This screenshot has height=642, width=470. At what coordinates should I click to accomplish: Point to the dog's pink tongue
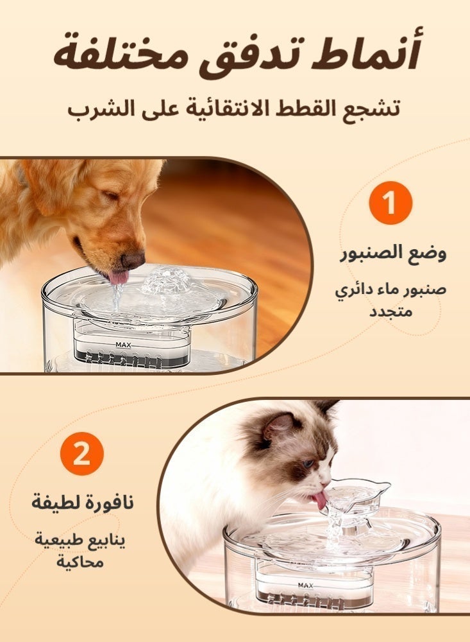tap(118, 277)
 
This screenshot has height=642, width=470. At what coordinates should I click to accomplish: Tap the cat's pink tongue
tap(318, 499)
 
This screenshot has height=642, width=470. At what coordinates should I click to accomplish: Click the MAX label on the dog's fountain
tap(124, 344)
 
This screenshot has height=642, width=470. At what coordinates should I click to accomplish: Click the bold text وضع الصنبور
tap(392, 252)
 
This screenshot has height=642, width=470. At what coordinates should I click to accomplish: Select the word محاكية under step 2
tap(81, 563)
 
